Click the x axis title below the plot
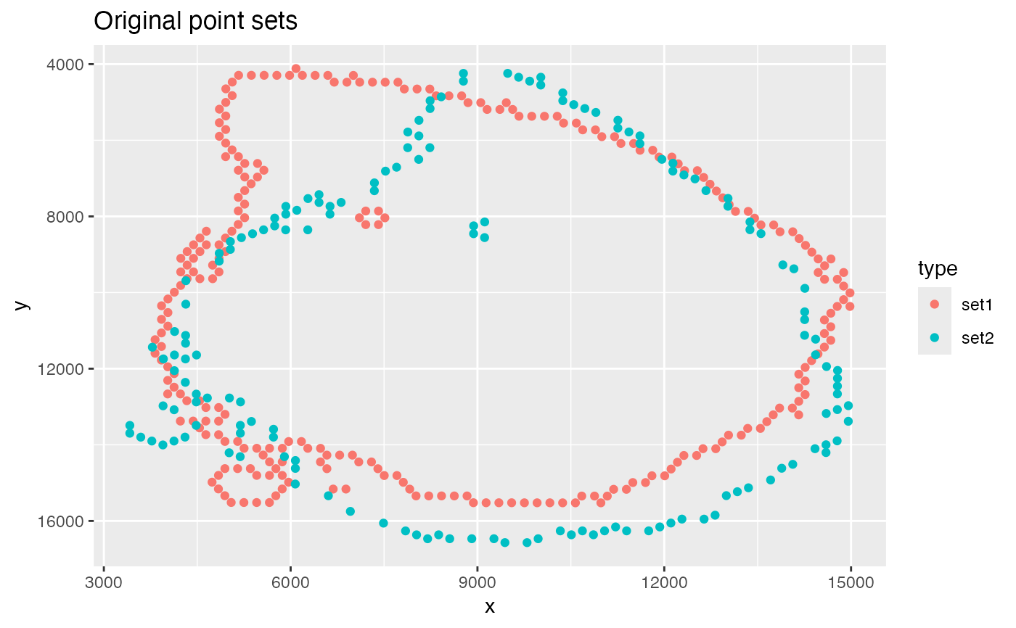(x=490, y=606)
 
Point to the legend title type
(x=938, y=269)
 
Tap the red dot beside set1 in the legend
(x=935, y=305)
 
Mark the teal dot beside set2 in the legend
(x=935, y=338)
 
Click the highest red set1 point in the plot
(x=296, y=69)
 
